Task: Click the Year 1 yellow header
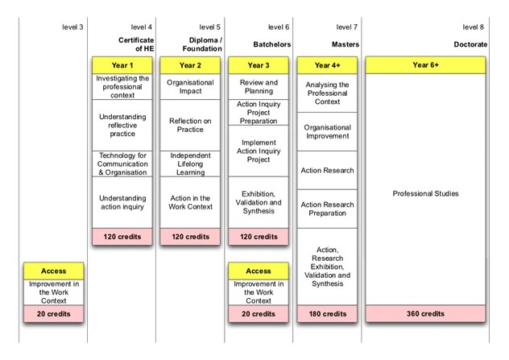click(122, 65)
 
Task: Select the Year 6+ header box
click(425, 65)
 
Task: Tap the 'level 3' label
click(72, 27)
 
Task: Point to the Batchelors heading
click(272, 44)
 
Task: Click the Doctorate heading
click(470, 44)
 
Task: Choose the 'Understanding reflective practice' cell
click(122, 126)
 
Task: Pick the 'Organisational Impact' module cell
click(190, 87)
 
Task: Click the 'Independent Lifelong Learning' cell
click(190, 164)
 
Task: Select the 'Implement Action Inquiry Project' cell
click(259, 151)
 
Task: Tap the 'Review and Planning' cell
click(259, 87)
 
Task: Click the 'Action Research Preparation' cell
click(327, 209)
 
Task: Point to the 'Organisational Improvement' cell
click(327, 132)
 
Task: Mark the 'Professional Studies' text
click(425, 193)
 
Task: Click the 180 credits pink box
click(327, 313)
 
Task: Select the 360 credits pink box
click(425, 313)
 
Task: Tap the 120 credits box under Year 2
click(190, 237)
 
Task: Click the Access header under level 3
click(54, 271)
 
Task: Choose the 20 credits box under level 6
click(259, 313)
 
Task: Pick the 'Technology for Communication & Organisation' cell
click(122, 164)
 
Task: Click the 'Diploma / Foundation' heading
click(202, 44)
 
